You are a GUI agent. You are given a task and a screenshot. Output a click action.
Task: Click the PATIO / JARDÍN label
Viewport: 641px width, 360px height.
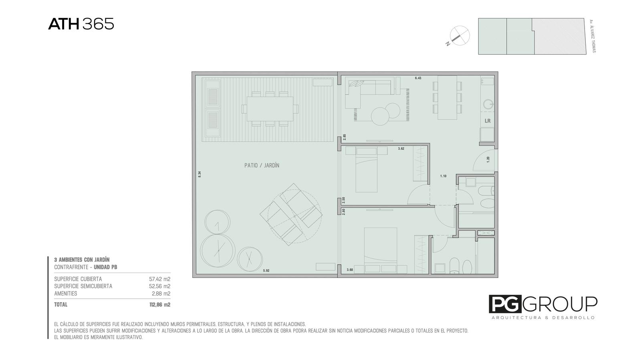[262, 165]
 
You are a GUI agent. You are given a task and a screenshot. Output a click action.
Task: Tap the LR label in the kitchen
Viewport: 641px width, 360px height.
[488, 121]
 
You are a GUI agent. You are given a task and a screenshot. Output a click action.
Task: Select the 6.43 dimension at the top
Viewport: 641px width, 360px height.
[418, 78]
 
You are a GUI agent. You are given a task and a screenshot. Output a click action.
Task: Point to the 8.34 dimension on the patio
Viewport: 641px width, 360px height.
[200, 174]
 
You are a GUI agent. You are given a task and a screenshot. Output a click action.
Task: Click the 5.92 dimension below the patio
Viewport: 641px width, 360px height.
[266, 270]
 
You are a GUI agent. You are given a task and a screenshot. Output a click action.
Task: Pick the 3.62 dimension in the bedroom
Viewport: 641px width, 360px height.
[401, 149]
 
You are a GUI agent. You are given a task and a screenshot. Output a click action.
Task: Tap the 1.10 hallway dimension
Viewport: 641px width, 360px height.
[443, 176]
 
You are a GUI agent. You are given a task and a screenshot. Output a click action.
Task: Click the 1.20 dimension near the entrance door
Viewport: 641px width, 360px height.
[488, 160]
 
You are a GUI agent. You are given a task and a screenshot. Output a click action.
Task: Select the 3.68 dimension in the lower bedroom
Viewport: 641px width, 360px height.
[350, 269]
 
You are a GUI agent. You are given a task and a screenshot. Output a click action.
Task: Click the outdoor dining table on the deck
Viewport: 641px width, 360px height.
[270, 109]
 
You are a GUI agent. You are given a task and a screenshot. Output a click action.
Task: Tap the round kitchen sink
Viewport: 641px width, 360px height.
[488, 104]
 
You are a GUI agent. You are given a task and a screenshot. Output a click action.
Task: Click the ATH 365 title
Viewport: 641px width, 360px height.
[81, 24]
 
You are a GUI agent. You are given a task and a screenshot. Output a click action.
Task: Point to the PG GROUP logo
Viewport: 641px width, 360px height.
[543, 307]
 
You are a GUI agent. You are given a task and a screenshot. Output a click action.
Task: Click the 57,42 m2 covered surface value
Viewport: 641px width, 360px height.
[160, 279]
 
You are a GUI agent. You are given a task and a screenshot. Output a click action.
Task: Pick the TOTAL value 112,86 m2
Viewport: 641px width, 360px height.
[160, 305]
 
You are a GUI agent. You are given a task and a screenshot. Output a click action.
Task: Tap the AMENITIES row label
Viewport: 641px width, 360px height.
[66, 293]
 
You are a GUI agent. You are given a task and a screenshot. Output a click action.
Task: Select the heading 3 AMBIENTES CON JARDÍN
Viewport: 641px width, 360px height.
[82, 260]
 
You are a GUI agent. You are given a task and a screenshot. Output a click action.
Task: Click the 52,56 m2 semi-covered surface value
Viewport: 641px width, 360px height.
[160, 286]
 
